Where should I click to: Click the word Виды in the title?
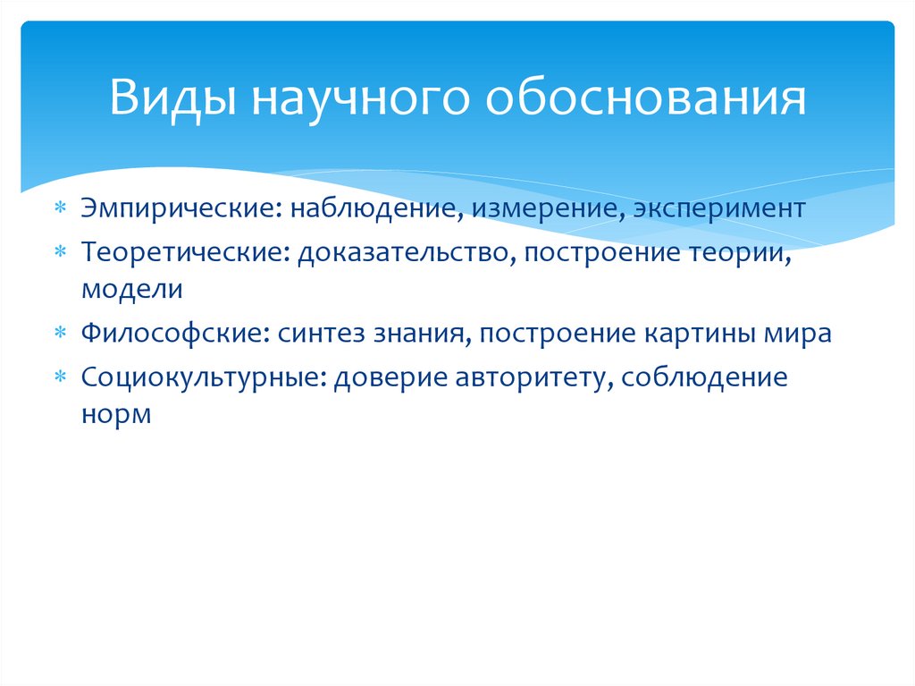[x=171, y=99]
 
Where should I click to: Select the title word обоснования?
[x=645, y=99]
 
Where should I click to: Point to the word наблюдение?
[x=376, y=209]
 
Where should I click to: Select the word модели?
[x=132, y=289]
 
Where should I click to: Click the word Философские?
[x=173, y=334]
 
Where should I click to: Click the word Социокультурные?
[x=206, y=377]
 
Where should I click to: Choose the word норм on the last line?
[x=116, y=414]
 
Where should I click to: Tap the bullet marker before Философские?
[x=60, y=334]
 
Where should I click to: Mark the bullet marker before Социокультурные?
[x=60, y=377]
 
